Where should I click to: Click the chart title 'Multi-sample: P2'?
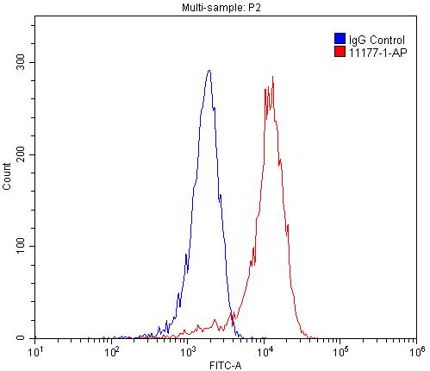[225, 7]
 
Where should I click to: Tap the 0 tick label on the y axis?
[27, 338]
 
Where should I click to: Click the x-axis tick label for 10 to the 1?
[36, 351]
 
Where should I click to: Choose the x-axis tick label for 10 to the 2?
[112, 351]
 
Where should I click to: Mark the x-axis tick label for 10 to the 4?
[265, 351]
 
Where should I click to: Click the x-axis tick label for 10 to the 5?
[340, 351]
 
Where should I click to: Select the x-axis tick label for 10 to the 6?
[415, 351]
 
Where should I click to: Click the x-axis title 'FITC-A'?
[226, 365]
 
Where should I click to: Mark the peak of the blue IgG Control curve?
[209, 71]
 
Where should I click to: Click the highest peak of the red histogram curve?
[272, 76]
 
